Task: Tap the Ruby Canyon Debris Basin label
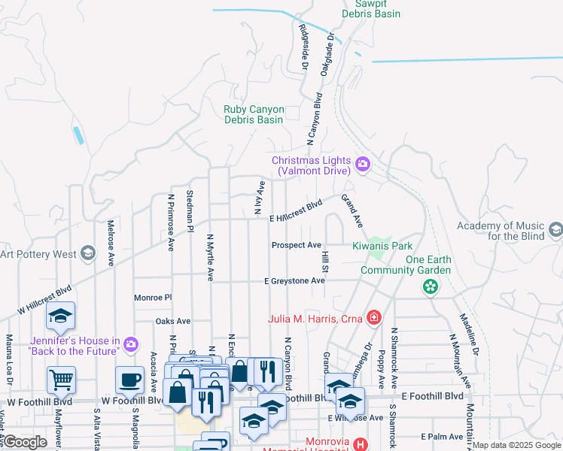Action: click(x=254, y=114)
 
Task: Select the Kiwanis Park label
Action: click(x=382, y=246)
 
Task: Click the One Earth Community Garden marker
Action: click(x=431, y=286)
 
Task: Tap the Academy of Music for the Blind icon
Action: click(x=555, y=230)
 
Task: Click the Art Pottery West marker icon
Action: click(x=88, y=253)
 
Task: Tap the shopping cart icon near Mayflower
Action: click(x=61, y=380)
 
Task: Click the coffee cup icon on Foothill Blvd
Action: click(x=129, y=380)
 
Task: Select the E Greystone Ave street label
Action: click(x=294, y=281)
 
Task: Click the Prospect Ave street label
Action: click(x=297, y=245)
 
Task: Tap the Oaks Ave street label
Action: click(x=173, y=321)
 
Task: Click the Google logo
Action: click(x=24, y=442)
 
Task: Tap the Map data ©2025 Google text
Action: click(x=516, y=445)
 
